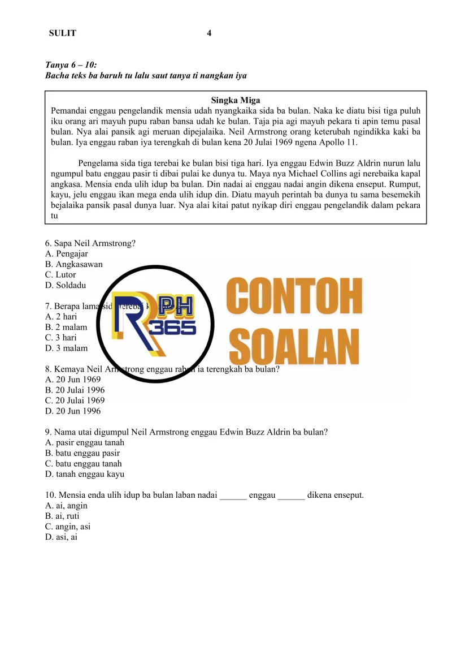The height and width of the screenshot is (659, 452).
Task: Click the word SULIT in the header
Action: [62, 33]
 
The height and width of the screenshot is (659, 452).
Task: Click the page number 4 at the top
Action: [209, 33]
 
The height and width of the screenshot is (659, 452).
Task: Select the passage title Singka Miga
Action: [236, 101]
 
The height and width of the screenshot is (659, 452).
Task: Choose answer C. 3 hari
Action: [64, 338]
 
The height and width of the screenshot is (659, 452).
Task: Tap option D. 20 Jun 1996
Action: [73, 411]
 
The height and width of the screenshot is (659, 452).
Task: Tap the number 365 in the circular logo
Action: [173, 328]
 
